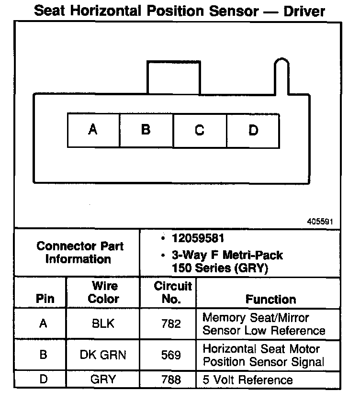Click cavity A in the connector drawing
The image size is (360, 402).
(x=93, y=130)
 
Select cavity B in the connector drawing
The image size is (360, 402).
(x=146, y=130)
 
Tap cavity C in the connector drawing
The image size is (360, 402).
(x=200, y=130)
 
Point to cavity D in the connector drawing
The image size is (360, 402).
(x=253, y=130)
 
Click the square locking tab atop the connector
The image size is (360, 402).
(x=173, y=78)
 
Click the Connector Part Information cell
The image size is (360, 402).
(x=80, y=252)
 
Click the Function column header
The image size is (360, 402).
(x=270, y=299)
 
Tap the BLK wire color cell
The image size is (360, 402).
(x=103, y=324)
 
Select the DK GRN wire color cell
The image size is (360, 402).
(x=103, y=355)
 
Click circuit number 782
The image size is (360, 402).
(x=171, y=324)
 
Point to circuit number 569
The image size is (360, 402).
(x=171, y=355)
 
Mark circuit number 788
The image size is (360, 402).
(x=171, y=380)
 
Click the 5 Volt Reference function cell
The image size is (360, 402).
(x=247, y=380)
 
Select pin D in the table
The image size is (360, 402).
(x=44, y=380)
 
